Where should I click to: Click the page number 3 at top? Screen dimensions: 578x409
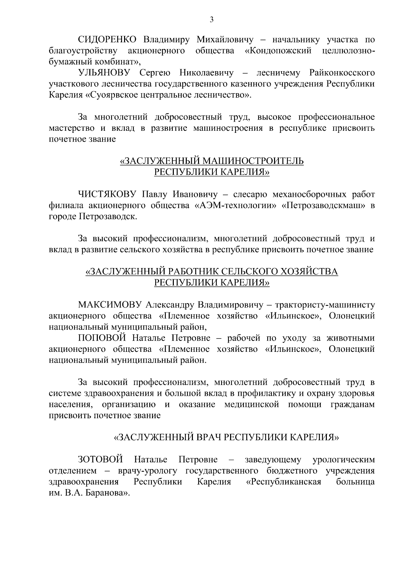click(211, 20)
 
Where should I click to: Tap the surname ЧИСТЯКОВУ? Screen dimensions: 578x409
click(107, 194)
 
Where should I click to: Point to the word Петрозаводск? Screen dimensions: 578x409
click(108, 217)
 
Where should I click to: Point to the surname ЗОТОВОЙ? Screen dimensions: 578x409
click(101, 460)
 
